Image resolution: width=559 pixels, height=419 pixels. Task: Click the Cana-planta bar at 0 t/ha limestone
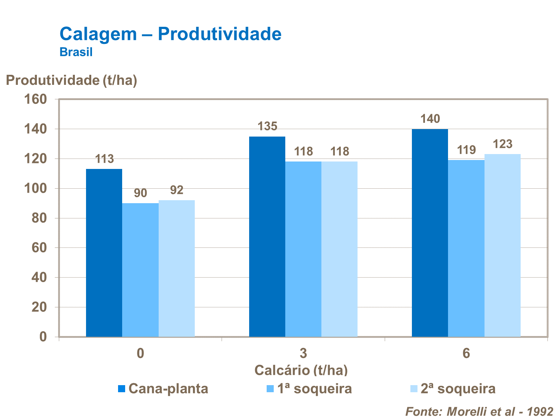click(104, 253)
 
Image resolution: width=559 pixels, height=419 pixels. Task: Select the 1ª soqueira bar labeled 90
click(140, 270)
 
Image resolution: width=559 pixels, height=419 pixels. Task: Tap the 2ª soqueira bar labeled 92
click(177, 268)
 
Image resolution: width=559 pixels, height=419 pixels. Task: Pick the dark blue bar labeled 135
click(267, 237)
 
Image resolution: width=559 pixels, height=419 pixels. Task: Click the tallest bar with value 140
click(430, 233)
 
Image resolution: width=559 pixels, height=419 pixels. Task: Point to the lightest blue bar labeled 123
click(502, 246)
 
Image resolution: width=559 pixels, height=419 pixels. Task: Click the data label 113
click(104, 159)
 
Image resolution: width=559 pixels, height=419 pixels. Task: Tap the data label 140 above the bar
click(430, 119)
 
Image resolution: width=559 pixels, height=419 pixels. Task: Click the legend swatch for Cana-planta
click(121, 389)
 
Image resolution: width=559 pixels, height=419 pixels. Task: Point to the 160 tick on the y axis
click(36, 99)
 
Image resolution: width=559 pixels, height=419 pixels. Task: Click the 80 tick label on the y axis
click(39, 218)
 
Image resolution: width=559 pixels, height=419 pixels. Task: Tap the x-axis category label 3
click(303, 353)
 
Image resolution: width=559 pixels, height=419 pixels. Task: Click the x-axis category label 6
click(466, 353)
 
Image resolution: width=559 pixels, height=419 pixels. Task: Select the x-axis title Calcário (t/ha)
click(301, 370)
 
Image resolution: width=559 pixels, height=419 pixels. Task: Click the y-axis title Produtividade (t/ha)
click(72, 80)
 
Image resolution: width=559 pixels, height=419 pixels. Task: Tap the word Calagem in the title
click(98, 34)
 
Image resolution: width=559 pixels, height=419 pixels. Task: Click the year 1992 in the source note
click(540, 412)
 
